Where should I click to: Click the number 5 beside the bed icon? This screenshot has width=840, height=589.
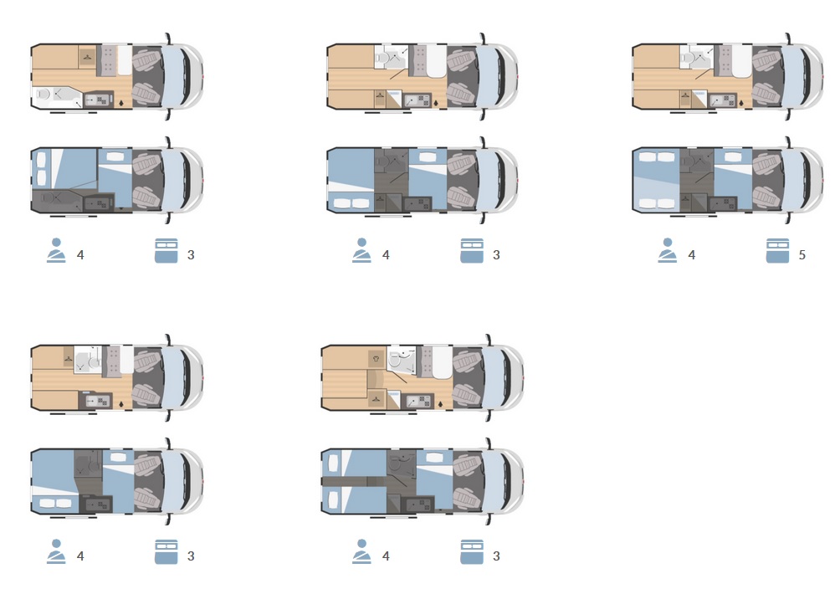click(x=802, y=255)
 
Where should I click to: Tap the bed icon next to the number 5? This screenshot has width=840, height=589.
click(x=777, y=251)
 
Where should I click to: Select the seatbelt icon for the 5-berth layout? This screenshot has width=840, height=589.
click(x=667, y=250)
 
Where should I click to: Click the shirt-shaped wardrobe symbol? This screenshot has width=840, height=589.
click(x=376, y=359)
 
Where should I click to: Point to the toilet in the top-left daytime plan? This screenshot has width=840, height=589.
click(x=44, y=95)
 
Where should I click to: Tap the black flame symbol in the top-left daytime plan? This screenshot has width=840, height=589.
click(x=121, y=102)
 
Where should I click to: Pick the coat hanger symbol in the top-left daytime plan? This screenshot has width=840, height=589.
click(x=87, y=57)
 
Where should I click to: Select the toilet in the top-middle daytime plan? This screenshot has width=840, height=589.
click(x=381, y=58)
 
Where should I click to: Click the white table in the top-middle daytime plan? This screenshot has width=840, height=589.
click(x=437, y=60)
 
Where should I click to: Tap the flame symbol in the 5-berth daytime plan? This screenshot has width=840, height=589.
click(x=741, y=102)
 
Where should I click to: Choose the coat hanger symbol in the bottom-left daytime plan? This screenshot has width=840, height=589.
click(x=69, y=356)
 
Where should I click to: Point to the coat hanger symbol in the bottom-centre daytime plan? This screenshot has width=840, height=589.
click(x=376, y=399)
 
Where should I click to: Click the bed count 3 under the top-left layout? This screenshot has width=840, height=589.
click(x=191, y=255)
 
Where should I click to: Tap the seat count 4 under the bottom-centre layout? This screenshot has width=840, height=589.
click(x=386, y=556)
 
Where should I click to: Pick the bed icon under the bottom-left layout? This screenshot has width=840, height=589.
click(x=166, y=552)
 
